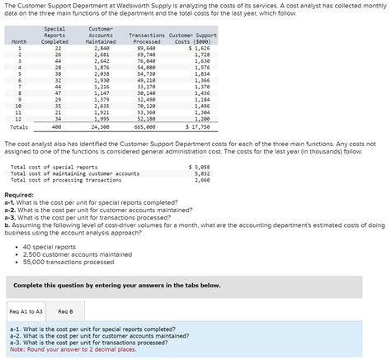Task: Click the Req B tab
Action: [65, 311]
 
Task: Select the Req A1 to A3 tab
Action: [26, 311]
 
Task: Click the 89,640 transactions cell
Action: [147, 49]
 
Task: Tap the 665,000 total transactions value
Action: [144, 128]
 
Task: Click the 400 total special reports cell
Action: [56, 128]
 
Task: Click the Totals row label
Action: [19, 128]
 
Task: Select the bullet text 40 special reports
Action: [50, 246]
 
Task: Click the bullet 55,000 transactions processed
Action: [68, 263]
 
